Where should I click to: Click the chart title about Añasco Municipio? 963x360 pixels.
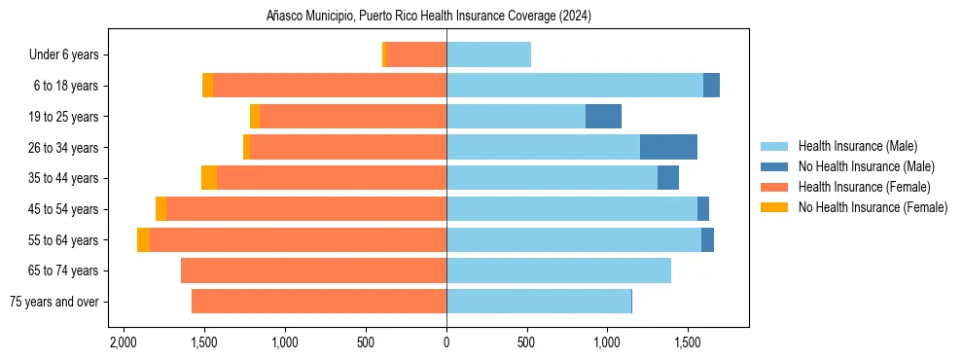point(429,17)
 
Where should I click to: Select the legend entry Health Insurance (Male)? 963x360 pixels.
point(857,146)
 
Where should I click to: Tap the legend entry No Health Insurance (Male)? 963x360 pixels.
point(866,166)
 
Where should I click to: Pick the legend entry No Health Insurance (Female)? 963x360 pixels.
point(873,207)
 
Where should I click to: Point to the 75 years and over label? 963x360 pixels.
point(53,302)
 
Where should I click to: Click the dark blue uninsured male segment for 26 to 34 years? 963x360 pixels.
point(668,147)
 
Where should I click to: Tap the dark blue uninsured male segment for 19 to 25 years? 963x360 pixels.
point(603,116)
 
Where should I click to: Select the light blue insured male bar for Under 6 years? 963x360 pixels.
point(488,54)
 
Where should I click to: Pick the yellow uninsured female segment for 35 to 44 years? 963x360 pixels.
point(209,178)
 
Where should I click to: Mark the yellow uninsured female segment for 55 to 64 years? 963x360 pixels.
point(143,239)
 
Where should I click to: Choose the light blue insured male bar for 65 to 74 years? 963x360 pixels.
point(558,270)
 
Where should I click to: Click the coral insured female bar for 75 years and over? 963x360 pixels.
point(319,302)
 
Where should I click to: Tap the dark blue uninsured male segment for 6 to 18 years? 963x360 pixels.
point(711,86)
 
